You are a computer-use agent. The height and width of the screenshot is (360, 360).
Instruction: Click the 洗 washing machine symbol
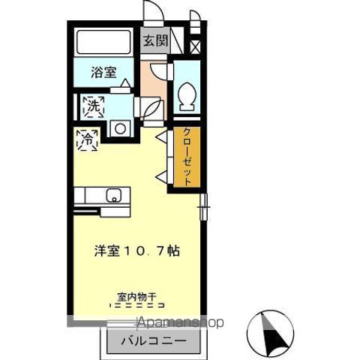[92, 106]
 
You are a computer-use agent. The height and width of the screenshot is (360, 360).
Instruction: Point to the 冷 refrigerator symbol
[87, 139]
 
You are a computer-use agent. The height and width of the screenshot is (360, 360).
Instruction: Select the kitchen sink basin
[113, 196]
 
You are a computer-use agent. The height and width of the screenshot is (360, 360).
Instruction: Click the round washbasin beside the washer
[119, 128]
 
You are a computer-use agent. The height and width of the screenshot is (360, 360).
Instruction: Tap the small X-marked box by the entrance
[196, 46]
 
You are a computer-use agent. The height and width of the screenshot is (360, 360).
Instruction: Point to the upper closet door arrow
[160, 136]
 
